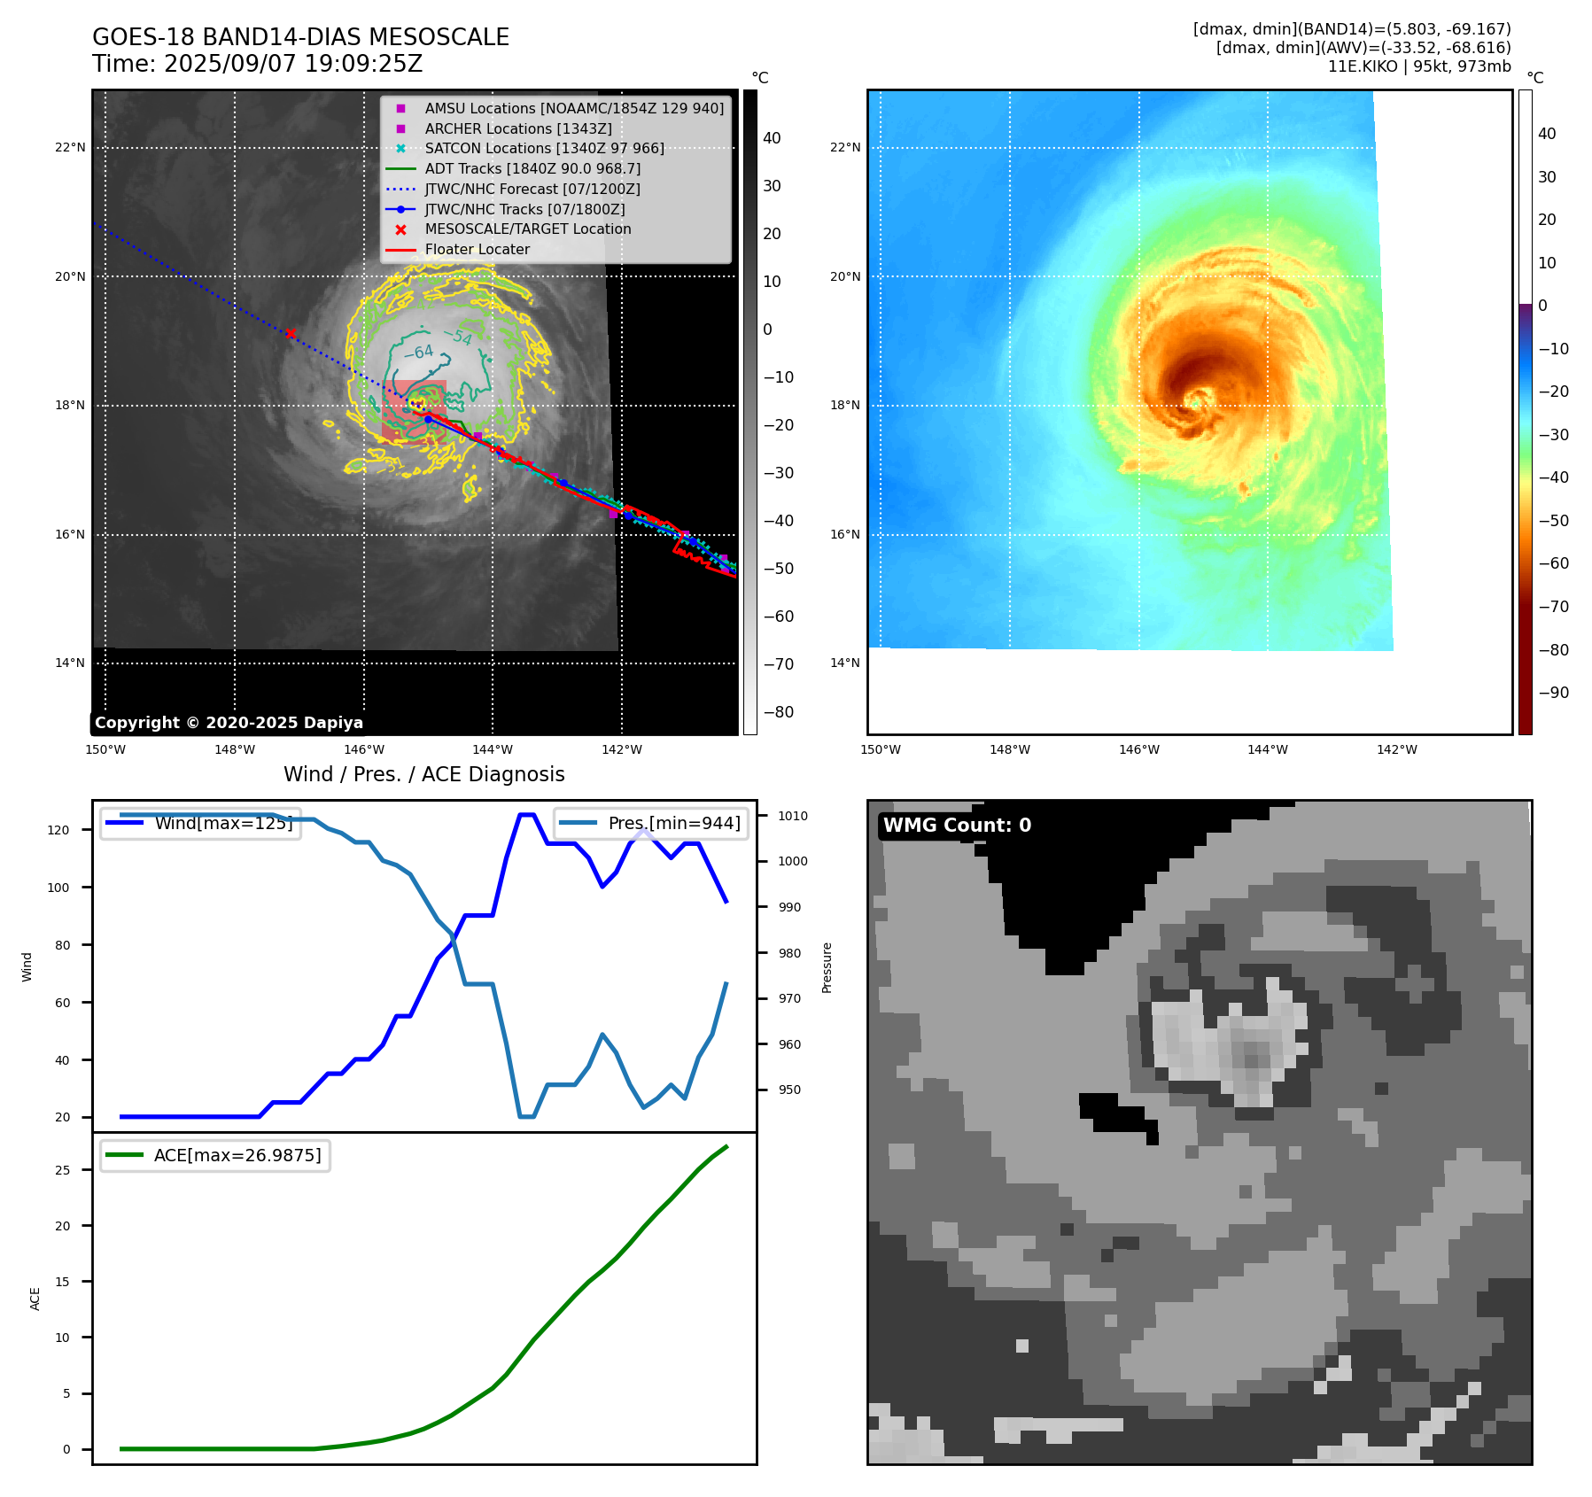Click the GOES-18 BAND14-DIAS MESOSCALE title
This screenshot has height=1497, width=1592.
(x=300, y=37)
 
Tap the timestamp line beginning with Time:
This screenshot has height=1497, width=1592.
(x=257, y=64)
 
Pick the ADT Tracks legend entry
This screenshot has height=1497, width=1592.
(x=532, y=168)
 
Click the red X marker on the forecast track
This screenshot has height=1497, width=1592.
(x=291, y=333)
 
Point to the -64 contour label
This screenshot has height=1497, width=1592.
(x=419, y=353)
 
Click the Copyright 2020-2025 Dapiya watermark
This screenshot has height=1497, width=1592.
(x=229, y=723)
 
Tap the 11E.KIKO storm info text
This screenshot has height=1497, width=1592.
(x=1418, y=66)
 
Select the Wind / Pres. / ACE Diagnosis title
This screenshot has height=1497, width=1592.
(x=423, y=774)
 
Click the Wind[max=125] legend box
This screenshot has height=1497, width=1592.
(x=201, y=823)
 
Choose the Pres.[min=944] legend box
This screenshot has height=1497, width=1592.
(x=651, y=823)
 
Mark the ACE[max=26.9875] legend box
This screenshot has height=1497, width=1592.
(x=215, y=1156)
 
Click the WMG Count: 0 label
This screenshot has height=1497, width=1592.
(x=957, y=826)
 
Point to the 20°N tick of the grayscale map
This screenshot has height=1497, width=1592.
(x=70, y=276)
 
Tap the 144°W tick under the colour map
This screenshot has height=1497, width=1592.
(x=1267, y=749)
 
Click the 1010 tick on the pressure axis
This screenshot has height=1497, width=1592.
(x=793, y=816)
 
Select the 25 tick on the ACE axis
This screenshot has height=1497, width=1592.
(x=62, y=1170)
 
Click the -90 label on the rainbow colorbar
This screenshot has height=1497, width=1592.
(x=1553, y=693)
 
